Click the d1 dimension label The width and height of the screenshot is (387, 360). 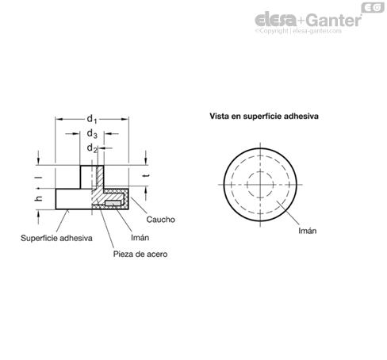(92, 119)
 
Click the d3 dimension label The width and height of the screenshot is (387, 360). (92, 134)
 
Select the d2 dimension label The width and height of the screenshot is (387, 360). (92, 148)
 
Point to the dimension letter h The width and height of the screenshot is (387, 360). (39, 198)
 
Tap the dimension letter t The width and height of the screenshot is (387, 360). (148, 175)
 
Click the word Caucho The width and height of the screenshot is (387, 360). (160, 220)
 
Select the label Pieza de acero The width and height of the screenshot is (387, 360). (140, 254)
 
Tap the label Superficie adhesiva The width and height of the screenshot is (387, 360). (56, 238)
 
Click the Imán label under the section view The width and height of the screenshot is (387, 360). (140, 237)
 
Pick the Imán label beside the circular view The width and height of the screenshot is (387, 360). (307, 231)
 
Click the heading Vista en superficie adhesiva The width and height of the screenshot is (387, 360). (264, 117)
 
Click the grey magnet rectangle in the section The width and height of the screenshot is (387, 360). (113, 203)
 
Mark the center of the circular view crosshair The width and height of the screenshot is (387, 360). (260, 185)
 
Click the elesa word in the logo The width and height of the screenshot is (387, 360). (276, 20)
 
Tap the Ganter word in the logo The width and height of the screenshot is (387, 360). (335, 21)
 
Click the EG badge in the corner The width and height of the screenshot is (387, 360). (373, 8)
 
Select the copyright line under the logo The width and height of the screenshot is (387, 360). (298, 31)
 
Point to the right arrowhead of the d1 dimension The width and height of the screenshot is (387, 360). (125, 119)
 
